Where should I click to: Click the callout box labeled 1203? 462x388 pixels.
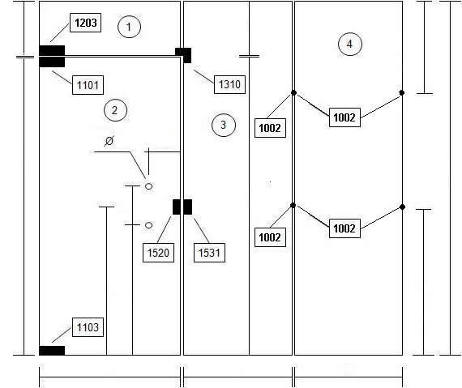pos(85,23)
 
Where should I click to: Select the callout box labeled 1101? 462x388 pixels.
pos(88,85)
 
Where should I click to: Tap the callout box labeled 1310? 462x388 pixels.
pos(229,84)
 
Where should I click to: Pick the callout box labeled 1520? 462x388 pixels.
pos(158,253)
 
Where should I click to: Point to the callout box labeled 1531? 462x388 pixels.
pos(209,253)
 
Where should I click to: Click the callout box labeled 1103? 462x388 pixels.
pos(88,327)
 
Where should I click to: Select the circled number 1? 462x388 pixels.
pos(129,27)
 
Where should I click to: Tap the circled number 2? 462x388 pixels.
pos(115,110)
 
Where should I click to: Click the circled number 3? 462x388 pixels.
pos(224,125)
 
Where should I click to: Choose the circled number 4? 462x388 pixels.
pos(349,45)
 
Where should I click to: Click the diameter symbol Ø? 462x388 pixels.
pos(109,141)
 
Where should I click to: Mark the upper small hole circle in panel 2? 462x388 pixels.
pos(149,186)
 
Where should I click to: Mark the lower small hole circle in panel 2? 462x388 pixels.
pos(149,225)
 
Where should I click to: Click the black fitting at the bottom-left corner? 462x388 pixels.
pos(52,351)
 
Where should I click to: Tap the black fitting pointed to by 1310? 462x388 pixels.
pos(183,55)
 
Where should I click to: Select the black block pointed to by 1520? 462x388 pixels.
pos(176,207)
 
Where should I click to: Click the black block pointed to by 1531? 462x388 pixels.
pos(188,207)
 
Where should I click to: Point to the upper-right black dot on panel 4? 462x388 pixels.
pos(401,92)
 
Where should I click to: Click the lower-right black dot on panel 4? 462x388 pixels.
pos(402,207)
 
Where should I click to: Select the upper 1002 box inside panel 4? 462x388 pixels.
pos(344,117)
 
